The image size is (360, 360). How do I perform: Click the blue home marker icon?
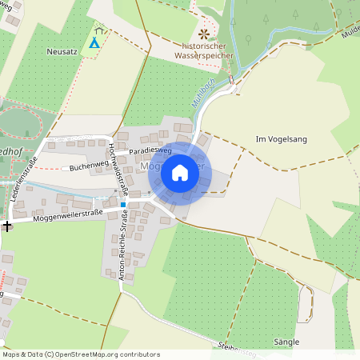tap(180, 172)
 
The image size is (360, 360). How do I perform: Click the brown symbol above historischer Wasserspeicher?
tap(204, 34)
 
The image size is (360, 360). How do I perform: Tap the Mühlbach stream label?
tap(205, 102)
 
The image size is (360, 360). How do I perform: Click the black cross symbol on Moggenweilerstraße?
tap(7, 226)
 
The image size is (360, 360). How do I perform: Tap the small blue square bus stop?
tap(123, 205)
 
